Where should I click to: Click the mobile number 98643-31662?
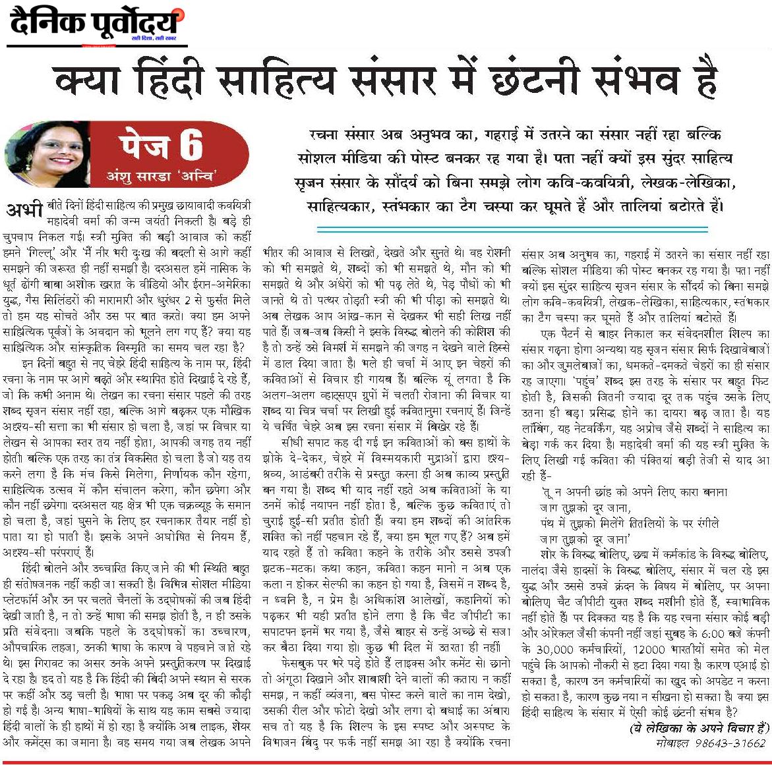pyautogui.click(x=730, y=742)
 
